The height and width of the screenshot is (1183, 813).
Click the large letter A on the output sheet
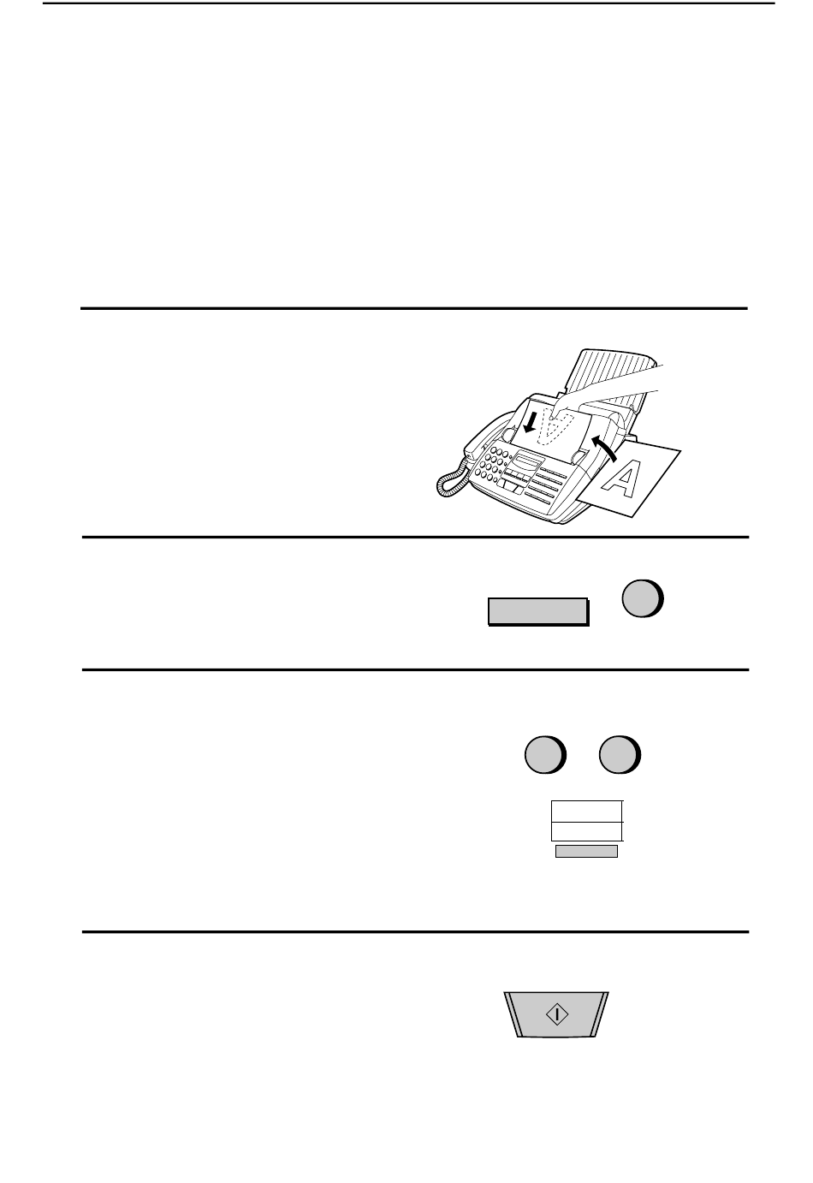coord(621,479)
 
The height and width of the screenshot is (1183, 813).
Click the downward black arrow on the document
coord(531,422)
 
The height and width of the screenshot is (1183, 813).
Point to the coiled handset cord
coord(451,478)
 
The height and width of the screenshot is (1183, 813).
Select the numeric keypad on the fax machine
coord(492,464)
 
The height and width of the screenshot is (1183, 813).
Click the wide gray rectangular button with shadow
coord(538,611)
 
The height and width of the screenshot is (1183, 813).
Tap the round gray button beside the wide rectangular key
coord(643,598)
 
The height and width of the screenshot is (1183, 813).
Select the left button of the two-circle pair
coord(545,755)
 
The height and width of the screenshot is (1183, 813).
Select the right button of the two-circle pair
coord(620,755)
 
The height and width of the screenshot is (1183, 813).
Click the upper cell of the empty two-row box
coord(586,811)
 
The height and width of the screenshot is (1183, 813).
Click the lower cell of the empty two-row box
coord(586,831)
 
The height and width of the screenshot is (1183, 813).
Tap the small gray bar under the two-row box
coord(586,852)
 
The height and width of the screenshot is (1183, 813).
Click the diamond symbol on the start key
coord(557,1014)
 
